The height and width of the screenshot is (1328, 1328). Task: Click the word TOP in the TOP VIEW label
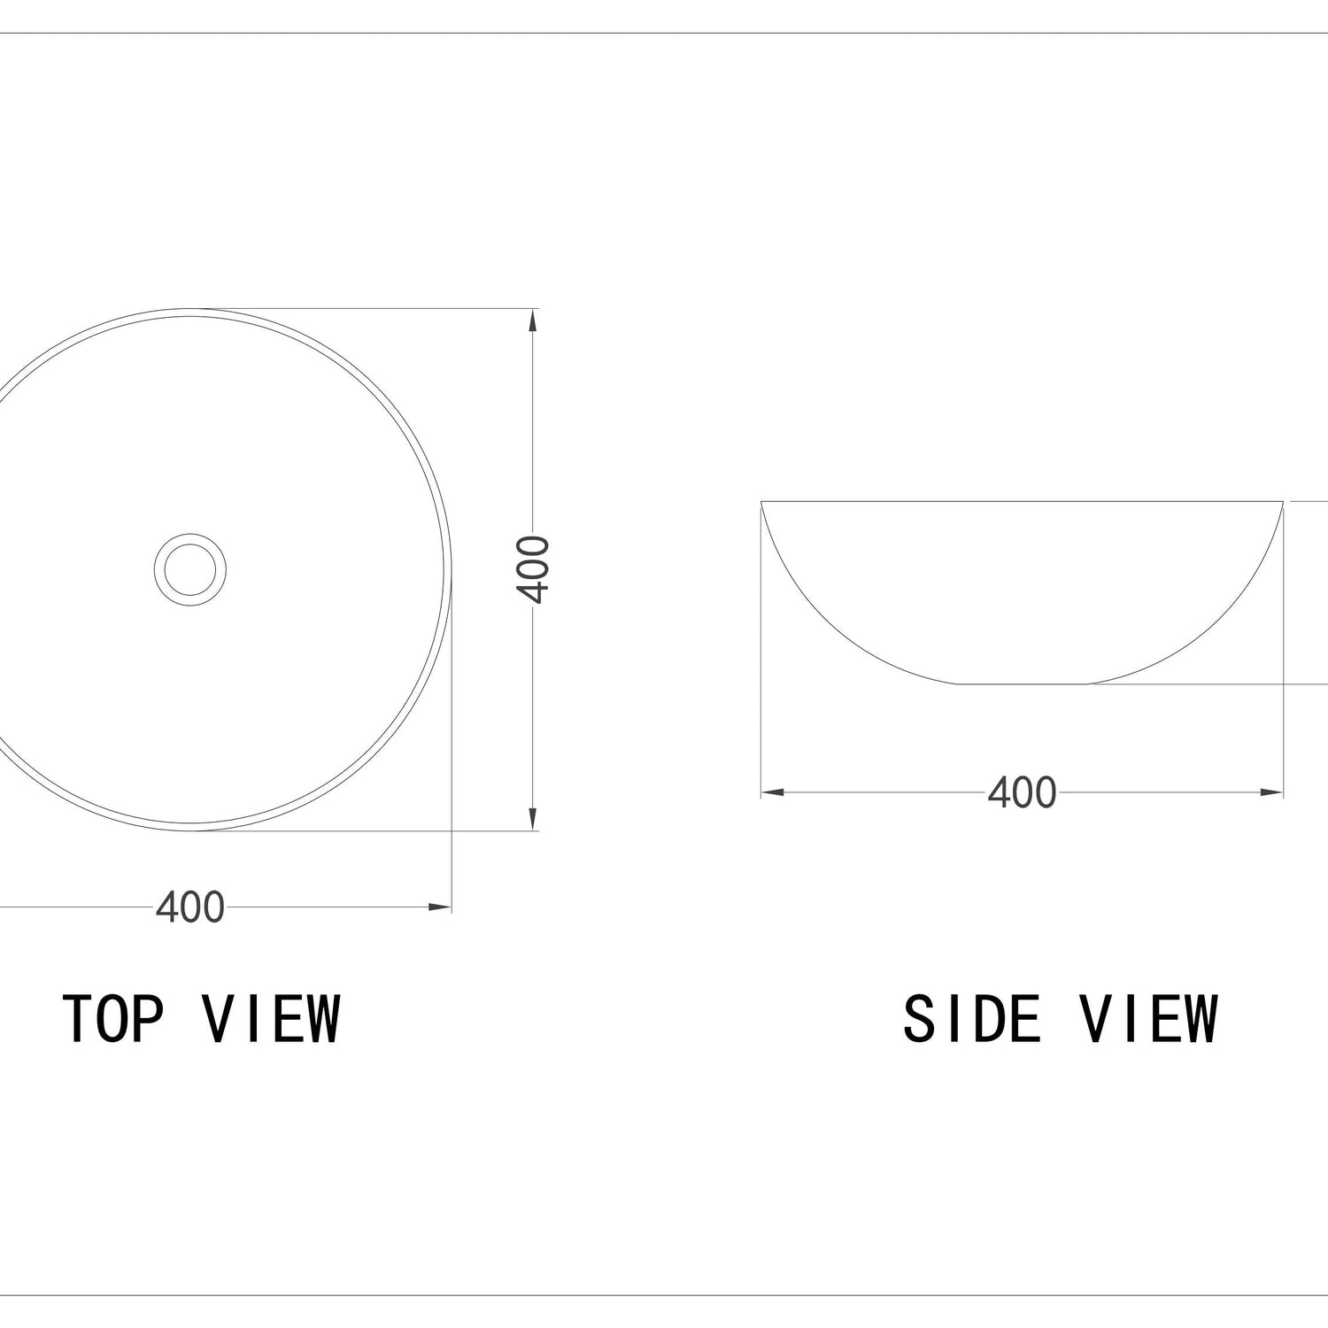(x=113, y=1018)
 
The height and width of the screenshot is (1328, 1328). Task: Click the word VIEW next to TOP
(x=272, y=1018)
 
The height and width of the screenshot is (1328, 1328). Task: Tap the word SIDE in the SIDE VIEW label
(x=971, y=1018)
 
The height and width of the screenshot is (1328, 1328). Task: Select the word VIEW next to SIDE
(x=1149, y=1018)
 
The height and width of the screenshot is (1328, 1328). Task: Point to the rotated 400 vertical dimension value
(x=534, y=569)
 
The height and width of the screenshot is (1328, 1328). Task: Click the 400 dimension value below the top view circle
(x=190, y=907)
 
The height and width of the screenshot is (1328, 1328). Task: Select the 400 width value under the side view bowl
(x=1023, y=792)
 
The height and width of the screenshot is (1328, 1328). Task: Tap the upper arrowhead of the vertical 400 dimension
(x=532, y=320)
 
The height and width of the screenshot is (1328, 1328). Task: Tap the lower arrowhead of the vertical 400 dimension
(x=532, y=820)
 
